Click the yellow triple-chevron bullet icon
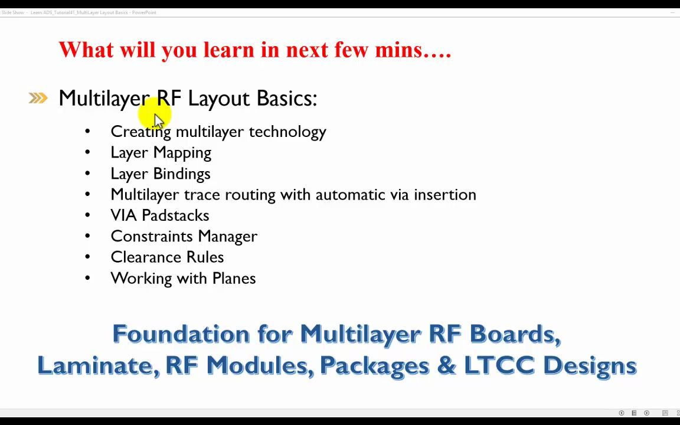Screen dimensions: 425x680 38,98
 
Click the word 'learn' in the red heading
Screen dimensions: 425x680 228,50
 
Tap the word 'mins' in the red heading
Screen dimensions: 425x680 401,50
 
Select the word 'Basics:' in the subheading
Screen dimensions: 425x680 286,98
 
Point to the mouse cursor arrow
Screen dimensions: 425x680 158,120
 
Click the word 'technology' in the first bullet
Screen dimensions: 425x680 287,132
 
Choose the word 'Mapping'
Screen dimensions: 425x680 182,153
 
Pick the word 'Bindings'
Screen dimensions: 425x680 181,174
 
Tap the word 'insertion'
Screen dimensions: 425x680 444,194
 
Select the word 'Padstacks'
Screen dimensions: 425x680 175,215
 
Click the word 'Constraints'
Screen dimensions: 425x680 152,236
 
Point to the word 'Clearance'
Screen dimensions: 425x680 146,257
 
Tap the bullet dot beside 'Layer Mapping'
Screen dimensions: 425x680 87,152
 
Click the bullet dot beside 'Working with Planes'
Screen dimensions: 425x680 87,278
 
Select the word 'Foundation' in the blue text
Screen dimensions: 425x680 181,334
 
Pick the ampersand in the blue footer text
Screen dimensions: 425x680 446,365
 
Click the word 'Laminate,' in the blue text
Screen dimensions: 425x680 98,365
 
